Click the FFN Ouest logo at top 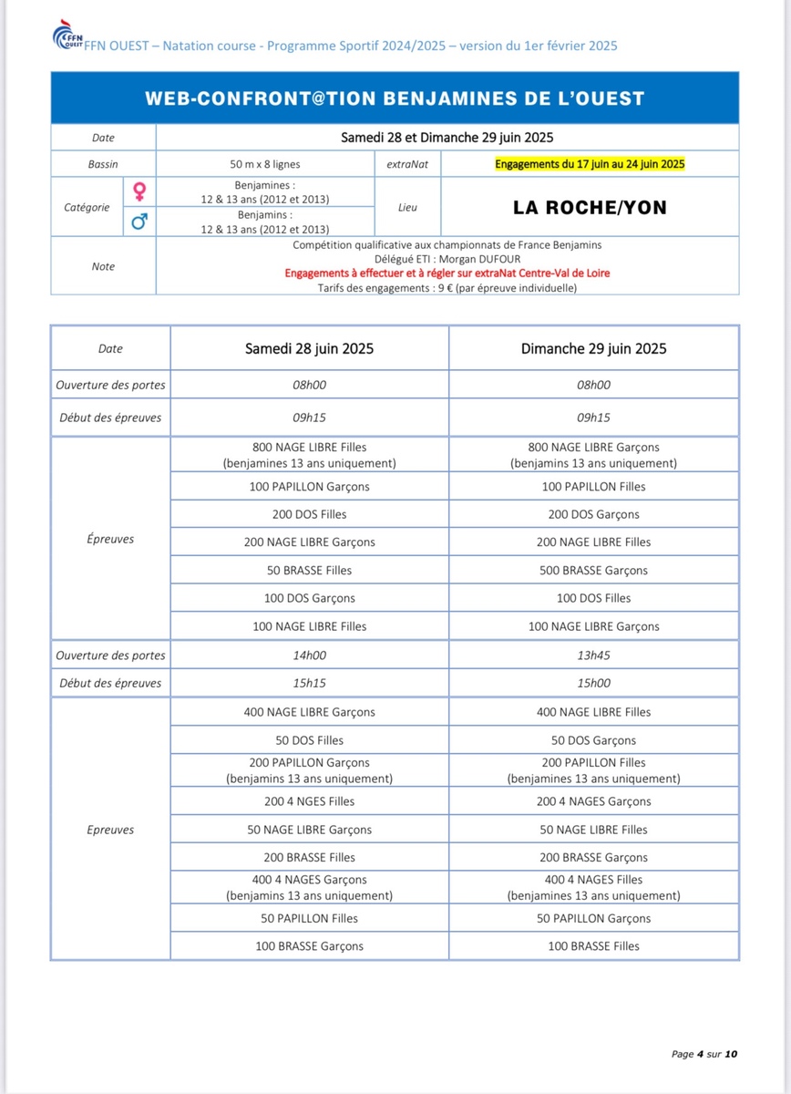click(67, 38)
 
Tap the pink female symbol click(139, 191)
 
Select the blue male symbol click(139, 221)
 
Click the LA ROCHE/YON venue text click(590, 207)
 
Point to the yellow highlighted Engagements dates click(590, 164)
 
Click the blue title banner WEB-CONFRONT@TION click(395, 98)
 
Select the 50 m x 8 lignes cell click(265, 164)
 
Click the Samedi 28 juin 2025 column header click(309, 348)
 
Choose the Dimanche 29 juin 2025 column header click(593, 348)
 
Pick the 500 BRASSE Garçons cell click(593, 570)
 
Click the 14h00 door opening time click(309, 655)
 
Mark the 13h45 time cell click(593, 655)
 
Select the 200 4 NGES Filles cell click(309, 801)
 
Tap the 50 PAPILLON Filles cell click(309, 918)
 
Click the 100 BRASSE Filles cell click(593, 946)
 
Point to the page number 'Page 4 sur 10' click(704, 1054)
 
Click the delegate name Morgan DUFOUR click(477, 259)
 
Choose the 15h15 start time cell click(309, 683)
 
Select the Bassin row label click(103, 164)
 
